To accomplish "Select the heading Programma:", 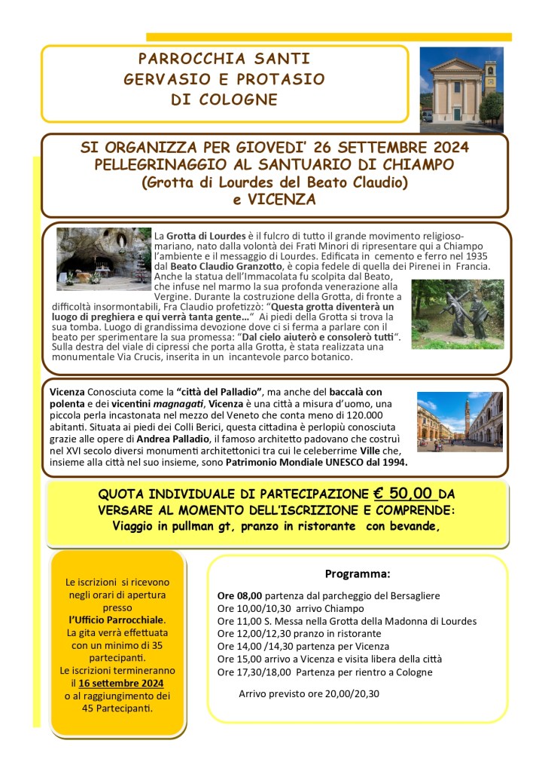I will [x=358, y=574].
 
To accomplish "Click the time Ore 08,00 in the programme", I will [x=240, y=595].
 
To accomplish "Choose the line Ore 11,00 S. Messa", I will [x=346, y=621].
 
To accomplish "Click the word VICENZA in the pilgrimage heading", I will [x=276, y=200].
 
